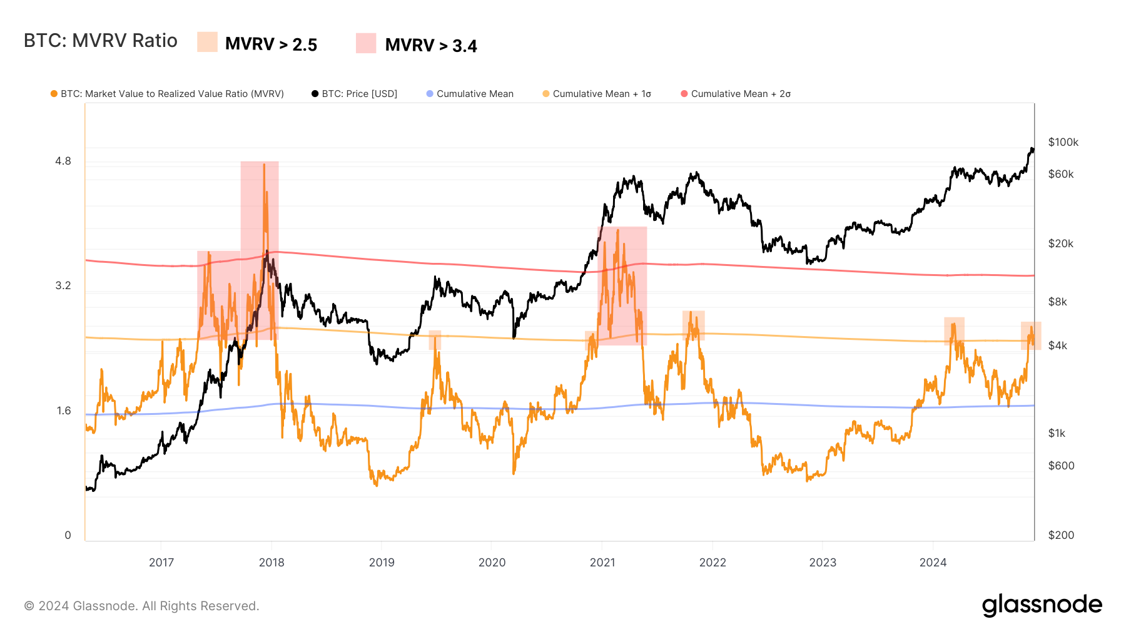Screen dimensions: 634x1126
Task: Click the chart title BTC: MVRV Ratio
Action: pyautogui.click(x=101, y=41)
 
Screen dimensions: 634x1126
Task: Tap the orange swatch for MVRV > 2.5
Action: pyautogui.click(x=207, y=42)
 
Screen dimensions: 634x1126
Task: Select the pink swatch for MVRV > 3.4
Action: pyautogui.click(x=366, y=43)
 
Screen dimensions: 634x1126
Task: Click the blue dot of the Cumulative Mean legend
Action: pyautogui.click(x=430, y=94)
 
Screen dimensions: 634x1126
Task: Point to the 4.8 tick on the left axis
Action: pyautogui.click(x=63, y=161)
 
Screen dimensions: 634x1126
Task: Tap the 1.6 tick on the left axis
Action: pyautogui.click(x=63, y=411)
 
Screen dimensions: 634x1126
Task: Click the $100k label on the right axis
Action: pyautogui.click(x=1063, y=142)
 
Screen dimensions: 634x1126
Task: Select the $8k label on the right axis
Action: pyautogui.click(x=1057, y=302)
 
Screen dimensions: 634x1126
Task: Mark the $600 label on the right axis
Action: pyautogui.click(x=1061, y=466)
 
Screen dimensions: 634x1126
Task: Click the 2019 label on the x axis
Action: pyautogui.click(x=382, y=562)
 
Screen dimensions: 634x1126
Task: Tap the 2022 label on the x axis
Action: pyautogui.click(x=713, y=562)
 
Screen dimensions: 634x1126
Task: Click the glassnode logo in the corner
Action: pyautogui.click(x=1042, y=605)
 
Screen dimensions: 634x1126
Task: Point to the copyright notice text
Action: pyautogui.click(x=141, y=606)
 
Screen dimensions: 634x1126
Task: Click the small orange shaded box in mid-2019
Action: pyautogui.click(x=435, y=340)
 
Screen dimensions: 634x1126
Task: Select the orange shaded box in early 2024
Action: pyautogui.click(x=954, y=330)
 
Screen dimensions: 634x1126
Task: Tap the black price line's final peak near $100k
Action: pyautogui.click(x=1032, y=149)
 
